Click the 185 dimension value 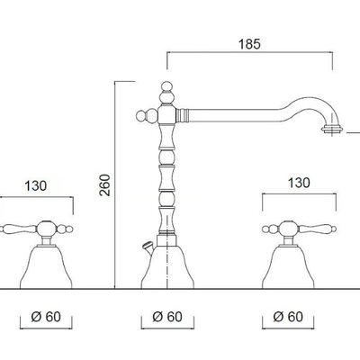[x=249, y=44]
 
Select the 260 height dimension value [x=105, y=185]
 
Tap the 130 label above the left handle [x=35, y=185]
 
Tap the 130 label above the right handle [x=299, y=183]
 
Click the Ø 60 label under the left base [x=46, y=317]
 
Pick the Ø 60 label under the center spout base [x=167, y=317]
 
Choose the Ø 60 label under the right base [x=288, y=317]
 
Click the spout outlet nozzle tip [x=332, y=130]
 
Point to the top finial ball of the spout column [x=167, y=86]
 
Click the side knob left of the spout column [x=141, y=116]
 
